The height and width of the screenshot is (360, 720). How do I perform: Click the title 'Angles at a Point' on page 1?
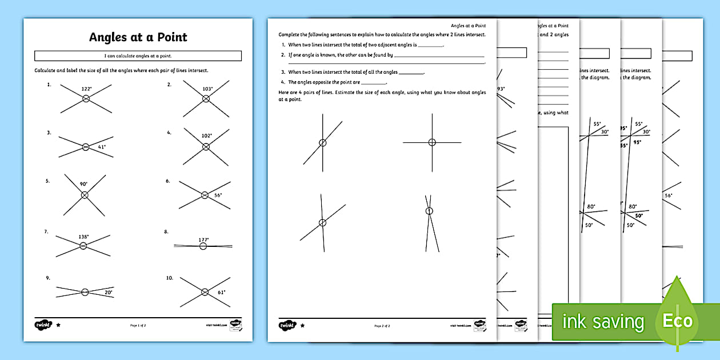click(x=138, y=38)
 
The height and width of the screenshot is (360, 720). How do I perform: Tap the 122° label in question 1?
click(x=86, y=89)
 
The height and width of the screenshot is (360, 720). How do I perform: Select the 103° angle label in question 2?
click(x=207, y=89)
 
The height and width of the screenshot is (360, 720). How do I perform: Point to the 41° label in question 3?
click(x=102, y=147)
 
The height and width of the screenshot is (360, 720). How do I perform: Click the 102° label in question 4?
click(x=206, y=136)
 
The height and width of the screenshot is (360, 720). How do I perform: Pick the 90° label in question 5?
click(x=83, y=184)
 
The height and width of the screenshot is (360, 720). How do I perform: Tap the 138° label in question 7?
click(x=83, y=236)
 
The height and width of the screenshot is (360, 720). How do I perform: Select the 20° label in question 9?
click(x=108, y=292)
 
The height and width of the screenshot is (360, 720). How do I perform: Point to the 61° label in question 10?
click(x=221, y=292)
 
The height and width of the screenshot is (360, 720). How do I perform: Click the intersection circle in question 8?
click(x=203, y=246)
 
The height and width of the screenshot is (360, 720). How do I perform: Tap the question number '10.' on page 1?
click(x=169, y=278)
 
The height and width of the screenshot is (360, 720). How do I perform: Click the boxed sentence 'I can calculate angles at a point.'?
click(x=138, y=56)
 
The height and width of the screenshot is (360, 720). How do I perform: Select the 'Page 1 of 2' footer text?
click(x=138, y=326)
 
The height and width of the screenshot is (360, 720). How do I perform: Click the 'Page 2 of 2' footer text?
click(x=382, y=326)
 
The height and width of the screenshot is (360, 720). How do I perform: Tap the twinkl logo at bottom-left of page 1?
click(x=43, y=325)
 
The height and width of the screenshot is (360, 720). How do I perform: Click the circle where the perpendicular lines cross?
click(x=432, y=142)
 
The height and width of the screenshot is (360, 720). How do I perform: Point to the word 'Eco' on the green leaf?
click(x=678, y=320)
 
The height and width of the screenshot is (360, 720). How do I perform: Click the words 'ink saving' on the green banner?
click(x=603, y=322)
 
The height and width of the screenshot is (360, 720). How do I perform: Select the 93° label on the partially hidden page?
click(x=501, y=89)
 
